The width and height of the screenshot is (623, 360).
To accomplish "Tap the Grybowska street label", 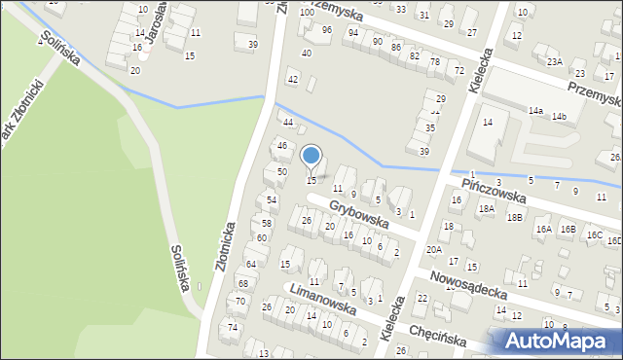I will pyautogui.click(x=358, y=215).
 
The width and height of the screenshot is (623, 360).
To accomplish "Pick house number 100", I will pyautogui.click(x=307, y=13).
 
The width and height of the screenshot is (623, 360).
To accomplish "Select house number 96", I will pyautogui.click(x=327, y=30).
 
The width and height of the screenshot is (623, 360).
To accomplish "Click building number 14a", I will pyautogui.click(x=535, y=111).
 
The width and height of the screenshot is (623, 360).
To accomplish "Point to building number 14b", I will pyautogui.click(x=559, y=117).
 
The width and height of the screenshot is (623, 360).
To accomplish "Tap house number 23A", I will pyautogui.click(x=554, y=62).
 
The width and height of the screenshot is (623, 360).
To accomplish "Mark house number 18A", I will pyautogui.click(x=486, y=208).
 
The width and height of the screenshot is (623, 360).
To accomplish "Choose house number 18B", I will pyautogui.click(x=514, y=218).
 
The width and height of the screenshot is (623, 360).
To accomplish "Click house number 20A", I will pyautogui.click(x=433, y=250).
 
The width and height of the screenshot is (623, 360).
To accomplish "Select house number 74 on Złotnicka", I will pyautogui.click(x=233, y=327).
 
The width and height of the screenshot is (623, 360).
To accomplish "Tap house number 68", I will pyautogui.click(x=242, y=283).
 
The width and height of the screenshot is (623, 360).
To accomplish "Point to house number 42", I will pyautogui.click(x=292, y=79).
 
